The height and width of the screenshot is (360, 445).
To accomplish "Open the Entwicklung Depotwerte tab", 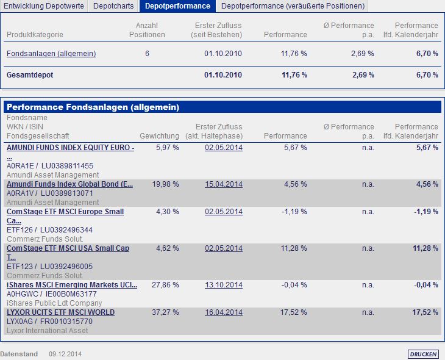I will tap(44, 6).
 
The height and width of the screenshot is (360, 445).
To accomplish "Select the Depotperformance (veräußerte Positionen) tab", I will tap(293, 6).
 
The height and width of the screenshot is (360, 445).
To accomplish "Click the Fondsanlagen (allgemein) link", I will tap(51, 54).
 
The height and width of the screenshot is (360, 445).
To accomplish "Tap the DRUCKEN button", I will tap(423, 354).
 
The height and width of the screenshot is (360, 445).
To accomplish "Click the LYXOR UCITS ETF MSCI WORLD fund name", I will tap(60, 312).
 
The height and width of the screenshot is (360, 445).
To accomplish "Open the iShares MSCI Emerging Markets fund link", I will tap(72, 285).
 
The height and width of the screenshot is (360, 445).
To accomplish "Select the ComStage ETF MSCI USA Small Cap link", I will tap(68, 248).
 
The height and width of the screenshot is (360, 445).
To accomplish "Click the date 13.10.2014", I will tap(224, 285).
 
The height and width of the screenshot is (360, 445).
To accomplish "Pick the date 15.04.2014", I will tap(224, 184).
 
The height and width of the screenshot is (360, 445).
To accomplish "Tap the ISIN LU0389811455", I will tap(67, 166).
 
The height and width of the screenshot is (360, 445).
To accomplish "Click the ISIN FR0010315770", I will tap(66, 322).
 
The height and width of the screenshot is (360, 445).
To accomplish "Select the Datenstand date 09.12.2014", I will tap(65, 354).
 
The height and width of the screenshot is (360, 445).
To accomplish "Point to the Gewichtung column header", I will tap(159, 136).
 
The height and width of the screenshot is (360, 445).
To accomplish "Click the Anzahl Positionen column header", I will tap(147, 30).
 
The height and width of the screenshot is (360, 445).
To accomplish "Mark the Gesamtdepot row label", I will tap(29, 75).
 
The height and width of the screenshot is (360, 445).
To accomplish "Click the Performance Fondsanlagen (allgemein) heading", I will tap(93, 107).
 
